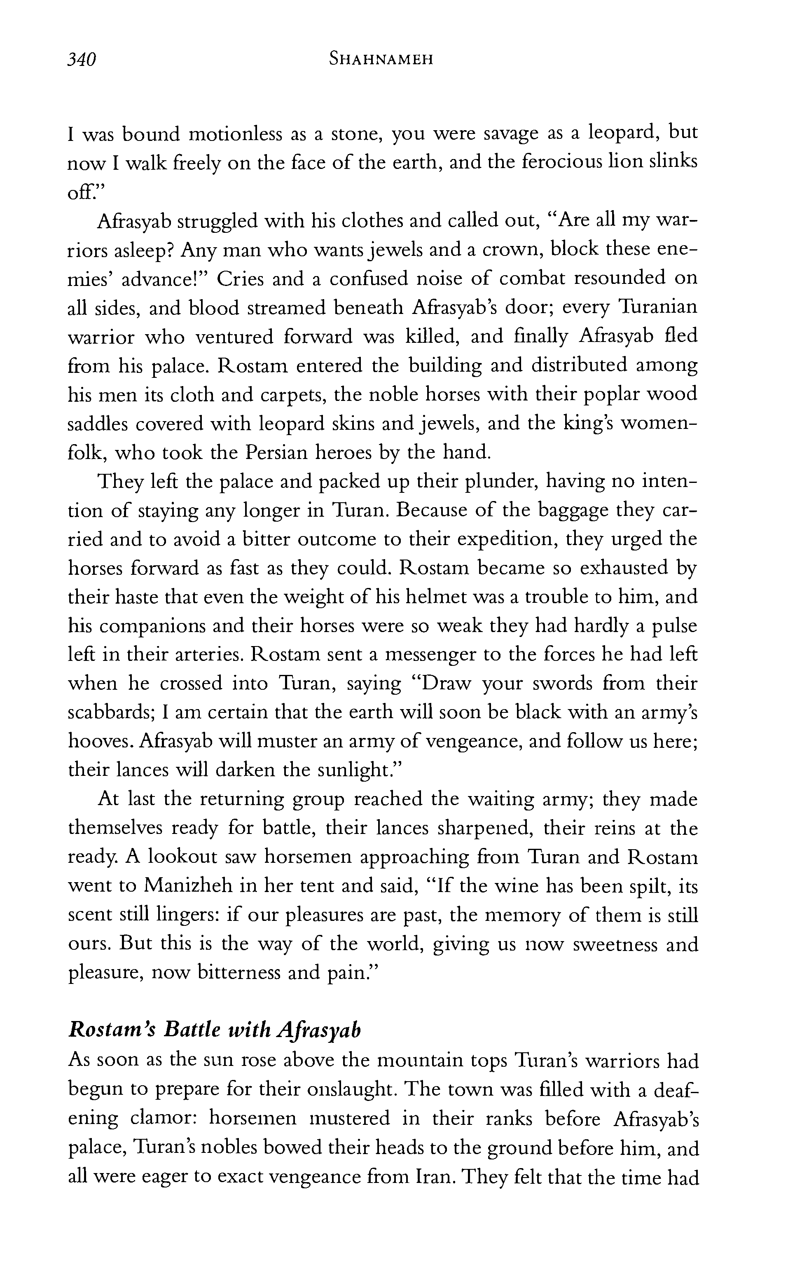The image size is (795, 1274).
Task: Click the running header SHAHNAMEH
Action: (381, 59)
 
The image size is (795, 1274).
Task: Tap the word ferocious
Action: (574, 162)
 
